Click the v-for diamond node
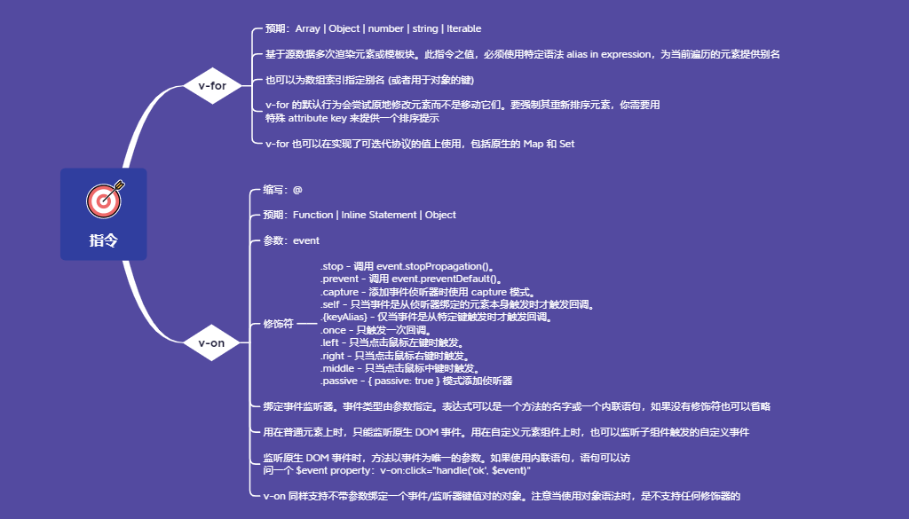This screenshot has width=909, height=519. point(212,86)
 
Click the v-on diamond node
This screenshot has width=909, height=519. point(211,342)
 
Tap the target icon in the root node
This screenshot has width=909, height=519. point(105,201)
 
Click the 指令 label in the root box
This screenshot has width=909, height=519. point(103,240)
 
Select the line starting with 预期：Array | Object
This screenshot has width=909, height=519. point(373,29)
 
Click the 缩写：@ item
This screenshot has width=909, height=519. point(283,190)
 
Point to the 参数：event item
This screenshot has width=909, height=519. point(291,240)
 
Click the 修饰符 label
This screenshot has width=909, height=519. point(278,325)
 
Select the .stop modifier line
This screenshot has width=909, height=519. point(407,266)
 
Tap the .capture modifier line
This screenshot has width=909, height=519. point(426,292)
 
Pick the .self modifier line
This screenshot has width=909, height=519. point(456,304)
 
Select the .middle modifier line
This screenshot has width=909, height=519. point(400,368)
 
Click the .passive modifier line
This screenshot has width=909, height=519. point(416,381)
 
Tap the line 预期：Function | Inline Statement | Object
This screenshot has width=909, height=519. point(360,215)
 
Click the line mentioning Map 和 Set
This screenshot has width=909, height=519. point(420,144)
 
